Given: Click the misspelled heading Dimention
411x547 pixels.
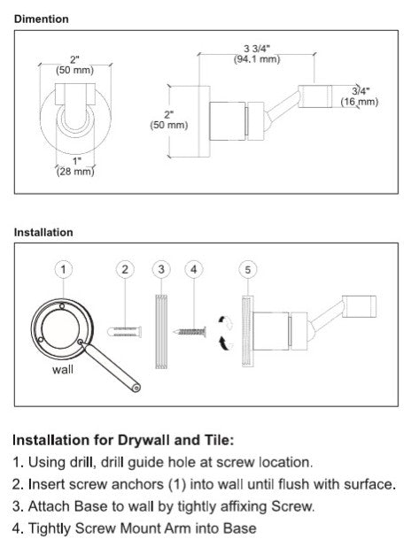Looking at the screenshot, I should tap(41, 19).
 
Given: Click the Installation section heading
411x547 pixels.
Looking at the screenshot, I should tap(43, 233).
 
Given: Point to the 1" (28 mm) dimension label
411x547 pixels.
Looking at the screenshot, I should tap(75, 166).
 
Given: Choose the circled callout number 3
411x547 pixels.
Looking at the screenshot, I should tap(160, 267).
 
